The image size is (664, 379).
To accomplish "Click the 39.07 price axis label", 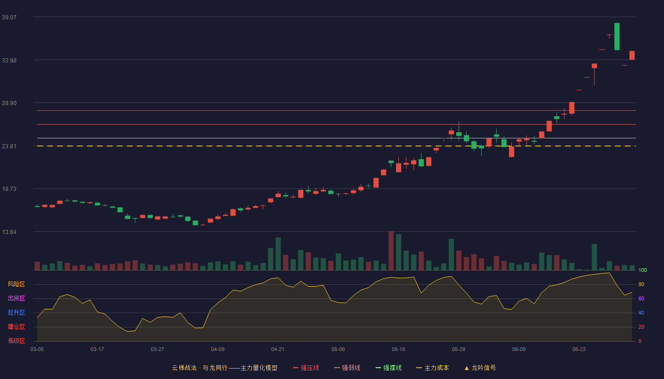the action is [x=9, y=17].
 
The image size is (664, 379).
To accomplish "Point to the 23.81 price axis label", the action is [x=9, y=146].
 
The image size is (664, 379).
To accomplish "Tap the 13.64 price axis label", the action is [x=9, y=232].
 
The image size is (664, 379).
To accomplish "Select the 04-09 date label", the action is [x=218, y=350].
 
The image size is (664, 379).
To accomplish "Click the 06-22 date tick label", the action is [x=579, y=350].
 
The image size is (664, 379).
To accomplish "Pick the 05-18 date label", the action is [x=398, y=350].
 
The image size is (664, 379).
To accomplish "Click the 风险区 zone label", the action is [x=16, y=284].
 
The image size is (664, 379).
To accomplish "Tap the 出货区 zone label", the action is [x=16, y=298].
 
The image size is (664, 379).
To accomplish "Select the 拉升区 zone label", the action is [x=16, y=312].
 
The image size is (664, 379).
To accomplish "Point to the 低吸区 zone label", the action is [x=16, y=341].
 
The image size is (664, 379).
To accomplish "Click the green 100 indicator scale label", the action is [x=643, y=270].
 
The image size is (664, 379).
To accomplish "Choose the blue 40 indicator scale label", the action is [x=641, y=313].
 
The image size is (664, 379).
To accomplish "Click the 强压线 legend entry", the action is [x=306, y=368].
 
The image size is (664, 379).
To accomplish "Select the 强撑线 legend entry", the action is [x=388, y=368].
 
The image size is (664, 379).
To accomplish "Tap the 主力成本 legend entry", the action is [x=433, y=368].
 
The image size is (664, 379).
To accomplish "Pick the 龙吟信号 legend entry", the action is [x=480, y=368].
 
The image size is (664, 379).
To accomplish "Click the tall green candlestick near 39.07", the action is [x=617, y=36].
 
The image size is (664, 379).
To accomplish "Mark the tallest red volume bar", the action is [x=391, y=251].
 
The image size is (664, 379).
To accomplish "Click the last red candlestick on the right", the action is [x=632, y=55].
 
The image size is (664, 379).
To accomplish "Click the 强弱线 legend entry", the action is [x=347, y=368].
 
